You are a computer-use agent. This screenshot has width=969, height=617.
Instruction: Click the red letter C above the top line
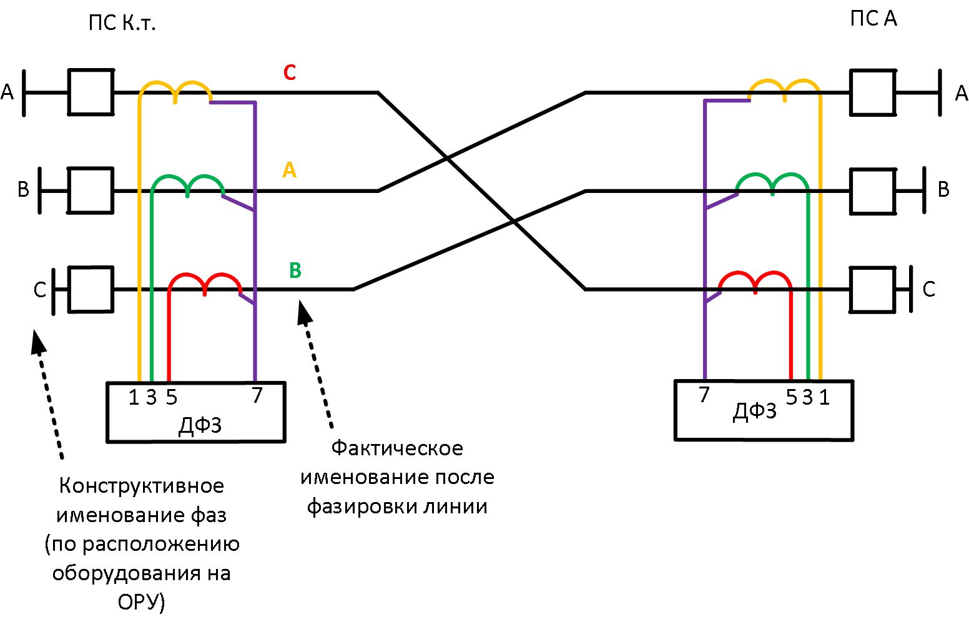pyautogui.click(x=289, y=72)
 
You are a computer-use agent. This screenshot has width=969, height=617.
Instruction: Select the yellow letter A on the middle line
pyautogui.click(x=289, y=169)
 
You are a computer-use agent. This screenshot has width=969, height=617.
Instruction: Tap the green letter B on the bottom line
pyautogui.click(x=295, y=270)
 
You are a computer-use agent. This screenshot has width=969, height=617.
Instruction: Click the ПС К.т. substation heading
pyautogui.click(x=122, y=24)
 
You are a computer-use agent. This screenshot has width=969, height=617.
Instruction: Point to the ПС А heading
pyautogui.click(x=873, y=19)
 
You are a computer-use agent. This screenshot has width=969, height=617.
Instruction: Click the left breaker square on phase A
pyautogui.click(x=91, y=92)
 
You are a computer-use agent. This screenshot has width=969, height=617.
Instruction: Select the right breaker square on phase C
pyautogui.click(x=872, y=289)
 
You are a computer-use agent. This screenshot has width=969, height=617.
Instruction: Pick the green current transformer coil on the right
pyautogui.click(x=773, y=183)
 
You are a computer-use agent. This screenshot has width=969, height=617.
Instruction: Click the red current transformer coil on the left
pyautogui.click(x=205, y=283)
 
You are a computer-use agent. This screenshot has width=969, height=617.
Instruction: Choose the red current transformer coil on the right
pyautogui.click(x=755, y=282)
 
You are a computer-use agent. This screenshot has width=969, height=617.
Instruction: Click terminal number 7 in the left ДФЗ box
pyautogui.click(x=257, y=395)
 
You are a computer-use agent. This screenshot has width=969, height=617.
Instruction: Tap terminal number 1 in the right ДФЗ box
pyautogui.click(x=824, y=397)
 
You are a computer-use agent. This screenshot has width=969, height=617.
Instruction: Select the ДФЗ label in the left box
pyautogui.click(x=200, y=425)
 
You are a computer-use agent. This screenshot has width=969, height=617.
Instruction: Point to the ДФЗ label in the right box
pyautogui.click(x=754, y=412)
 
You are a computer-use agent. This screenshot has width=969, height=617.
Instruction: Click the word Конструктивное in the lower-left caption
pyautogui.click(x=141, y=486)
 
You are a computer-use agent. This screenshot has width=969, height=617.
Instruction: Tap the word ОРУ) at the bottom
pyautogui.click(x=141, y=602)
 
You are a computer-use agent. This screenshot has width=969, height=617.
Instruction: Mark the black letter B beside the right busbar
pyautogui.click(x=943, y=189)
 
